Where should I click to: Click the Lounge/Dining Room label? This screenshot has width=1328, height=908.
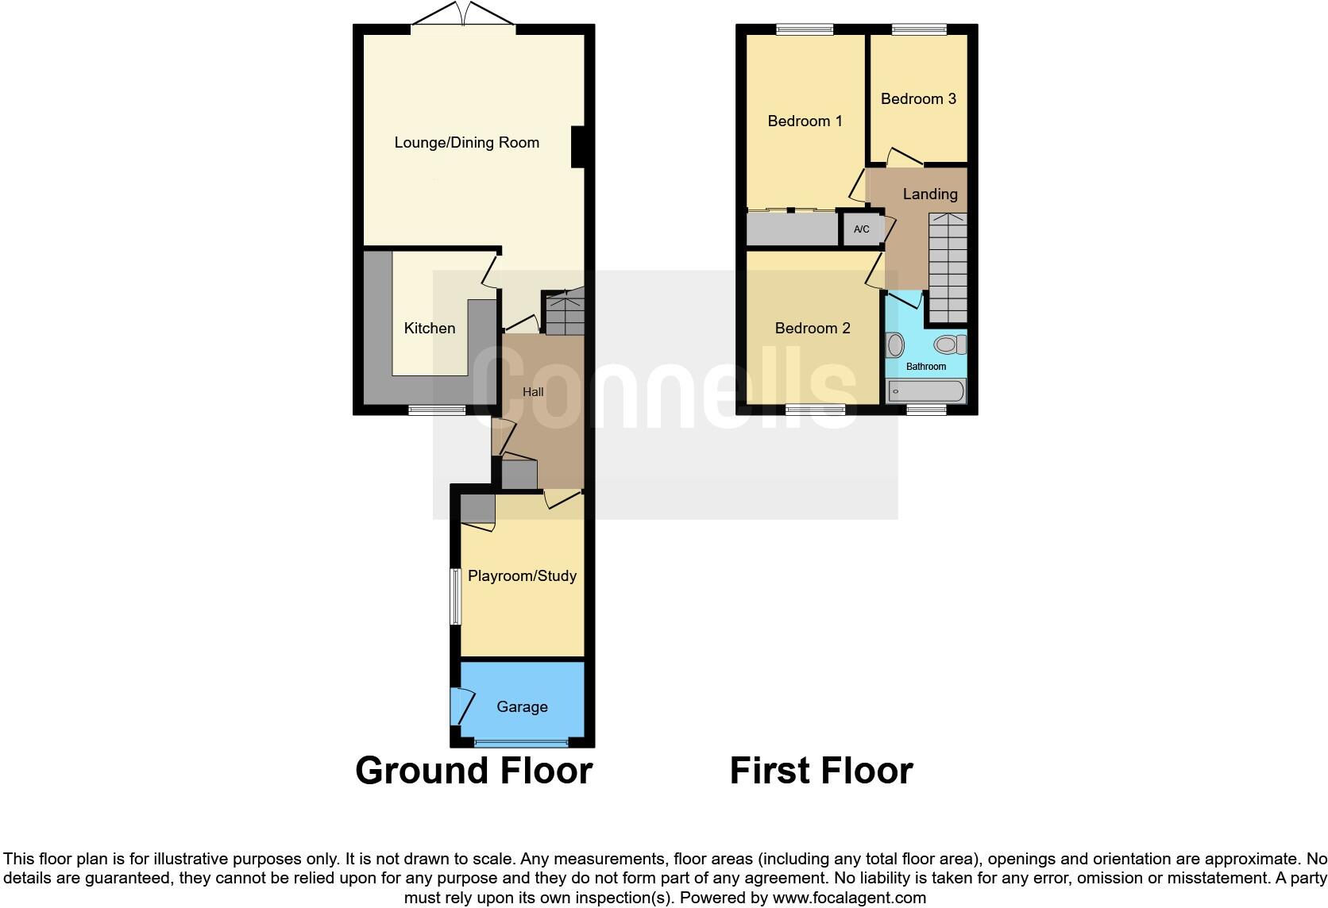click(x=466, y=143)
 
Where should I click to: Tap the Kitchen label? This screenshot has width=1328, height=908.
click(x=430, y=328)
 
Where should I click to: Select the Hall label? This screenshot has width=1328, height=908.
click(x=533, y=391)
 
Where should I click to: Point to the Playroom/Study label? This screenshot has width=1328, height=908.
click(x=522, y=575)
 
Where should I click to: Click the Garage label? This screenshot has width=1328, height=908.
click(x=522, y=706)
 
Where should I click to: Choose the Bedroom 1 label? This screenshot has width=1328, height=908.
click(x=805, y=121)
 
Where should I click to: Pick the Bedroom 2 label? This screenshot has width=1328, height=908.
click(x=813, y=328)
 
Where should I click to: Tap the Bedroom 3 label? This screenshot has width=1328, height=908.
click(x=918, y=98)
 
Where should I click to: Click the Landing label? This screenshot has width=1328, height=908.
click(x=930, y=194)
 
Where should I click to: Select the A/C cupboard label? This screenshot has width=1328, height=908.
click(x=861, y=229)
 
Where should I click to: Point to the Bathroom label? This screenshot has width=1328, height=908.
click(x=926, y=367)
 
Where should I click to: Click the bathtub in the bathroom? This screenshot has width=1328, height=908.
click(x=926, y=391)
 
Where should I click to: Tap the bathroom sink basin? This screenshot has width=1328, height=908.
click(x=895, y=345)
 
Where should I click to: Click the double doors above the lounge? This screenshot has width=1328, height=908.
click(x=464, y=16)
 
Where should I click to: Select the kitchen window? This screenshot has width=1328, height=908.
click(x=437, y=410)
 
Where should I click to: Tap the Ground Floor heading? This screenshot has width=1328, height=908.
click(x=474, y=771)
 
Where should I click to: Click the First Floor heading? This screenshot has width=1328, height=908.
click(x=821, y=771)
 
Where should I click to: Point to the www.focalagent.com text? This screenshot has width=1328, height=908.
click(x=849, y=898)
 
